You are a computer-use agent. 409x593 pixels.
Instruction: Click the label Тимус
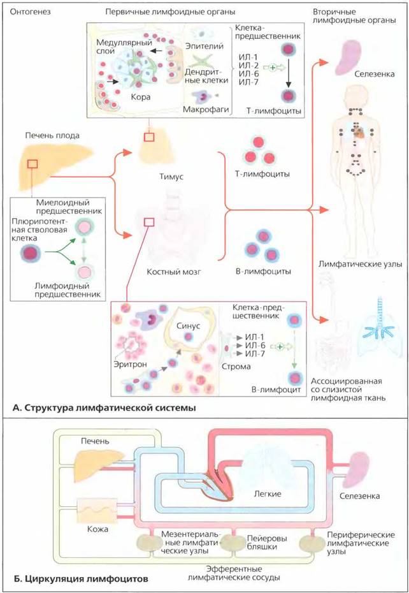pyautogui.click(x=171, y=176)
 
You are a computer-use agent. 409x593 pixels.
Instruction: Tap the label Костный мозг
pyautogui.click(x=173, y=272)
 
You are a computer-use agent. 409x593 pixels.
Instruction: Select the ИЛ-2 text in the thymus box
pyautogui.click(x=248, y=66)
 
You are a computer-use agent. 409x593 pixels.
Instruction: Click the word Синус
pyautogui.click(x=188, y=326)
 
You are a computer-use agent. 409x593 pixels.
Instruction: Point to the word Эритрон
pyautogui.click(x=130, y=365)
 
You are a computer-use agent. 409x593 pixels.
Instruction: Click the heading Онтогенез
pyautogui.click(x=30, y=11)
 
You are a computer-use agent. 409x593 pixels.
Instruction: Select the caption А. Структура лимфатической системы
pyautogui.click(x=104, y=408)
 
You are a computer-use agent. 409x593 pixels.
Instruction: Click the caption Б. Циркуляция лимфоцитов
pyautogui.click(x=81, y=578)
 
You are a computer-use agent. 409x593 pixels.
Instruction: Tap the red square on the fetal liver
pyautogui.click(x=32, y=163)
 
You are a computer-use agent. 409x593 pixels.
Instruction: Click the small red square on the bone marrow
pyautogui.click(x=149, y=222)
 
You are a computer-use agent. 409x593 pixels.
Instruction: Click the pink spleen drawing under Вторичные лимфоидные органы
pyautogui.click(x=347, y=56)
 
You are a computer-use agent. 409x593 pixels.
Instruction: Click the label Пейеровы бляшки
pyautogui.click(x=267, y=543)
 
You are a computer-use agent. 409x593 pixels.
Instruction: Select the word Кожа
pyautogui.click(x=97, y=529)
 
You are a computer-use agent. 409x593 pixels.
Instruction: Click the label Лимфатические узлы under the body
pyautogui.click(x=360, y=264)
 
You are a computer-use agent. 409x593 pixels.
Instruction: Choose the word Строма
pyautogui.click(x=236, y=366)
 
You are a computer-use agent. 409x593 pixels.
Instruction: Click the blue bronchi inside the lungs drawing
pyautogui.click(x=378, y=330)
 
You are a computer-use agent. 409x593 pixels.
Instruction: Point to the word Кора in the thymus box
pyautogui.click(x=141, y=97)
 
